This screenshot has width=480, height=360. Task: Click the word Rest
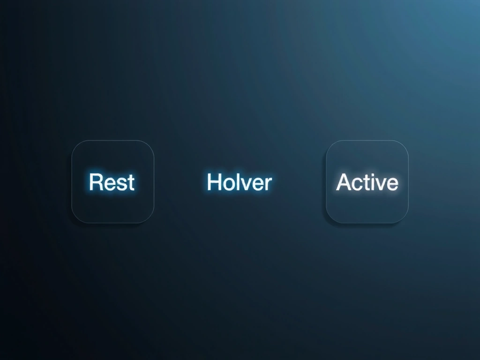point(112,182)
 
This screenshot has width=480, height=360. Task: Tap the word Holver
point(239,182)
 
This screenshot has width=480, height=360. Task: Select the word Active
point(367,182)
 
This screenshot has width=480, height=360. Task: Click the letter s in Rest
point(120,184)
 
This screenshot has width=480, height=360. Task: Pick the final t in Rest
point(130,182)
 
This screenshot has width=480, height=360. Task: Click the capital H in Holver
point(214,182)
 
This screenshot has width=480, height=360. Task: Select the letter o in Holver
point(228,184)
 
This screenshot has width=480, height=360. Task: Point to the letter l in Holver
point(237,181)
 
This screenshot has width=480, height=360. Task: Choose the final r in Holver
point(268,184)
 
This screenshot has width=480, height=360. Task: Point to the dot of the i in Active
point(373,174)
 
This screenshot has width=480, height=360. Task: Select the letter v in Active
point(381,184)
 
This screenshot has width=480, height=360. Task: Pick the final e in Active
point(392,184)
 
